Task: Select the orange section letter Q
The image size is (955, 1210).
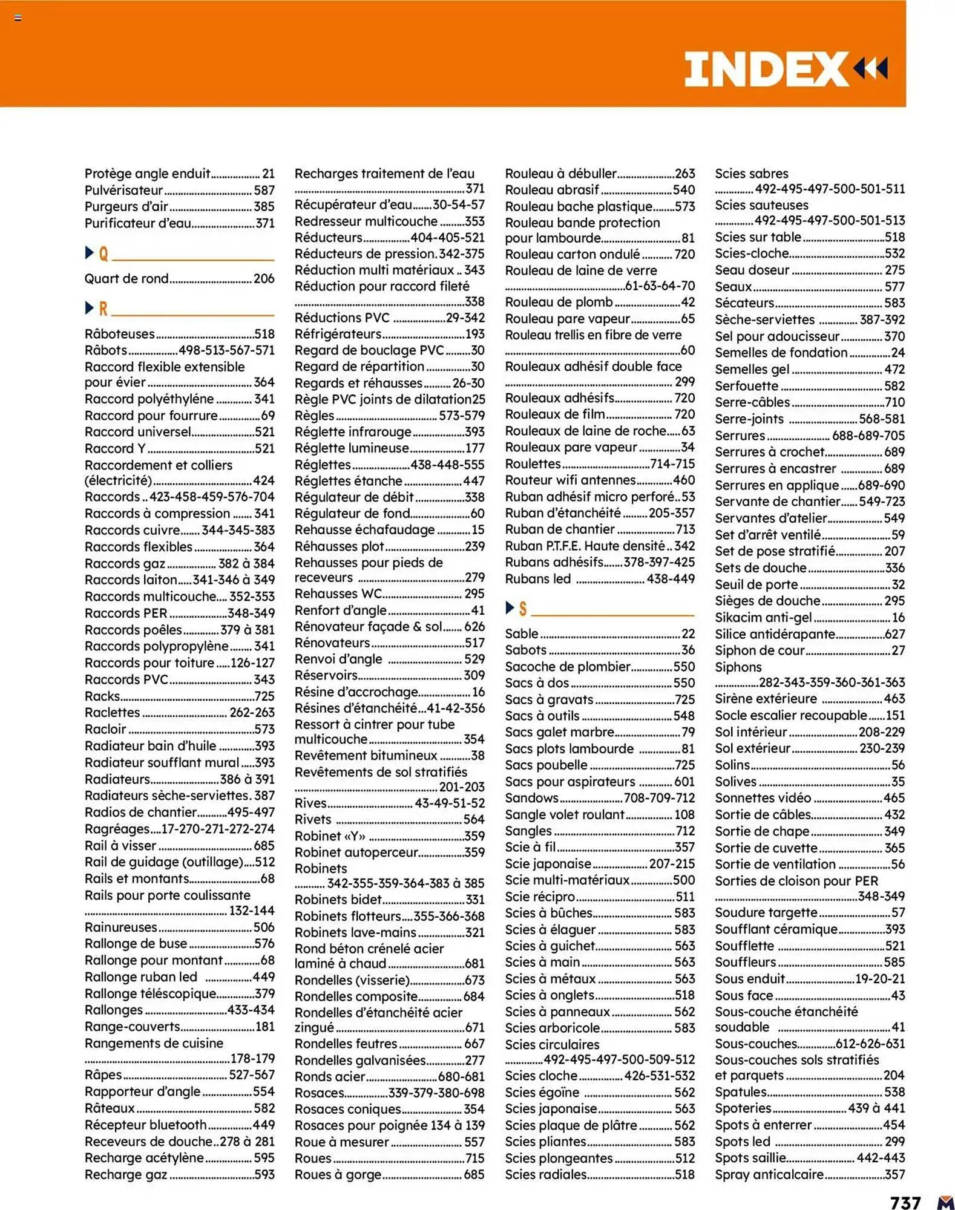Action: (x=103, y=253)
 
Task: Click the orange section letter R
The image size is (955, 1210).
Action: (x=103, y=309)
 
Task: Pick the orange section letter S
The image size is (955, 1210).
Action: (x=523, y=609)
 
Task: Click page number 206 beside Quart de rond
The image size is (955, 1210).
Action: (x=264, y=279)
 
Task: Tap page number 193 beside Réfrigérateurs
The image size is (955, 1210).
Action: (x=474, y=334)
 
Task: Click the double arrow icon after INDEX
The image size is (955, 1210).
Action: (x=871, y=68)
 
